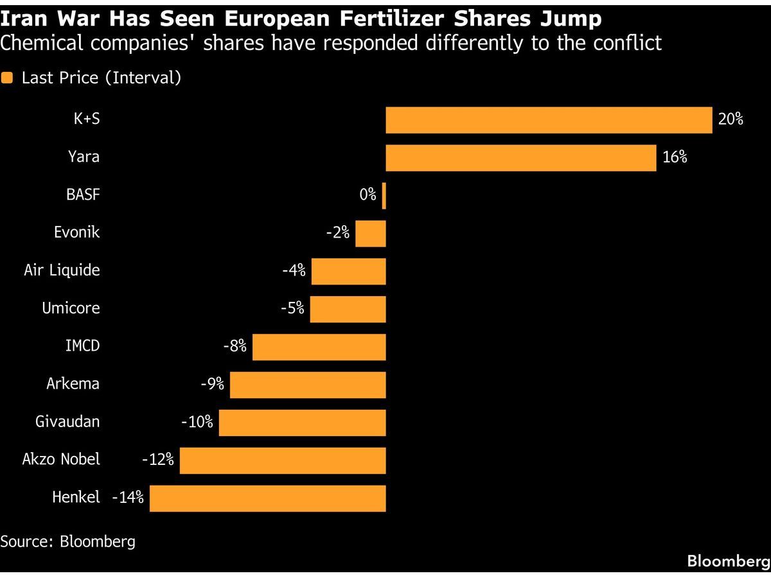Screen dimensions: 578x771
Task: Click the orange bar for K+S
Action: coord(549,120)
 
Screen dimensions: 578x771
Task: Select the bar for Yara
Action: coord(520,158)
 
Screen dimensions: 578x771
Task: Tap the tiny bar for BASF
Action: coord(384,196)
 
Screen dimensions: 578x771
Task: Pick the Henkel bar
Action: coord(267,498)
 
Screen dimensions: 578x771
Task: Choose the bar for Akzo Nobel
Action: coord(283,460)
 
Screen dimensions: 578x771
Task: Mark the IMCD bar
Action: coord(319,347)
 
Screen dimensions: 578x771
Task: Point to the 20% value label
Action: coord(731,119)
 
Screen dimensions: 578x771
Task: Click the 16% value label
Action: coord(675,157)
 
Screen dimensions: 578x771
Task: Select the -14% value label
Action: coord(127,498)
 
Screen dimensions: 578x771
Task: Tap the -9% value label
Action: coord(212,384)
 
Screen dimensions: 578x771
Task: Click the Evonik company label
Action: coord(76,232)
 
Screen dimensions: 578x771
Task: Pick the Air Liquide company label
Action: coord(62,270)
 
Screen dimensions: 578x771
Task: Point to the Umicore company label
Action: coord(71,308)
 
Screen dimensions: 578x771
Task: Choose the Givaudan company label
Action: coord(67,422)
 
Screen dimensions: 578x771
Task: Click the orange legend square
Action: coord(7,78)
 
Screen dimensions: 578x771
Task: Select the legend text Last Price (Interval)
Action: coord(101,78)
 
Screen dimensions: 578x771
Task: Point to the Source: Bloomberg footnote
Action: coord(67,541)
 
